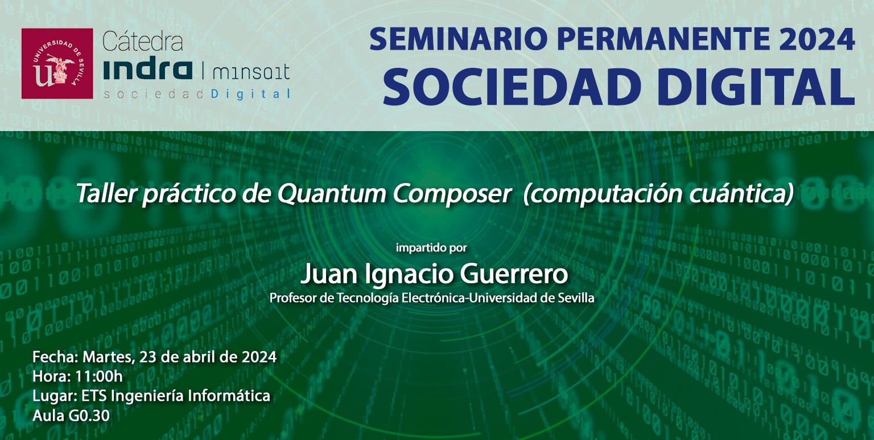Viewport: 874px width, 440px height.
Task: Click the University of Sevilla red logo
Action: pos(57,63)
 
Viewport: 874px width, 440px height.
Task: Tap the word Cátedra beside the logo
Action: pos(143,42)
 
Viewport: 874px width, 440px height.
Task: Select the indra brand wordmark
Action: pos(148,70)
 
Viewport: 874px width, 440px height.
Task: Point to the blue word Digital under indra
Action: pos(250,94)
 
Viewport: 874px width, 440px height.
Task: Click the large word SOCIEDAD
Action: pos(512,87)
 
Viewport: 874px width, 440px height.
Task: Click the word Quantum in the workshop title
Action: pos(332,193)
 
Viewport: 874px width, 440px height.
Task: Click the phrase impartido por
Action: pos(431,248)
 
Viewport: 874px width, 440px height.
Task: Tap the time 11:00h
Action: pos(98,377)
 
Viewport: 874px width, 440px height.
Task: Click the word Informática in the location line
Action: pos(229,396)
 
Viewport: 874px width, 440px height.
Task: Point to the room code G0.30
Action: pos(89,415)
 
